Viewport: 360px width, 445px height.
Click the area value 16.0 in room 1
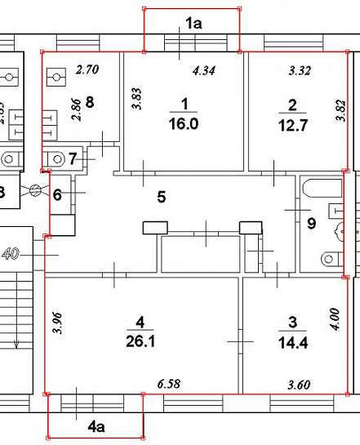click(184, 124)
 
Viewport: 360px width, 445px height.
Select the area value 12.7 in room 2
click(293, 125)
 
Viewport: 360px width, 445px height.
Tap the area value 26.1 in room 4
click(140, 341)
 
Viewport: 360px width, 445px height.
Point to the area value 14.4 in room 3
click(293, 343)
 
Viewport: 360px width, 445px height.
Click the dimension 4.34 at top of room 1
click(204, 71)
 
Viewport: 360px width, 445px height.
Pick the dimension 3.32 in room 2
click(300, 70)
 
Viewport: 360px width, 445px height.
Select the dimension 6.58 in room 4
click(169, 384)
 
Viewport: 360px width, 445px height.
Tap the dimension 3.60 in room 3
click(299, 385)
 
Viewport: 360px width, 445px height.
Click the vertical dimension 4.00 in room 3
click(335, 319)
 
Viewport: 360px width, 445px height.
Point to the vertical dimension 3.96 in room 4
click(57, 323)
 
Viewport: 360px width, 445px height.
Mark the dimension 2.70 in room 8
click(87, 69)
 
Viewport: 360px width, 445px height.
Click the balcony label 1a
click(193, 23)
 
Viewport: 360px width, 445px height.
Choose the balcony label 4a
click(96, 426)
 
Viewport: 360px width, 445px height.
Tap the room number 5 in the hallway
click(162, 197)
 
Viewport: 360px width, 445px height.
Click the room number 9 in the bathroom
click(312, 224)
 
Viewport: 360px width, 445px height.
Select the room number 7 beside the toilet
click(73, 158)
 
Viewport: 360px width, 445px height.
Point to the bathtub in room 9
click(322, 188)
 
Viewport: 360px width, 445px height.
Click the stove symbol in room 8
click(56, 77)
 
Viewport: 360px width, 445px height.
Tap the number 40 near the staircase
click(11, 253)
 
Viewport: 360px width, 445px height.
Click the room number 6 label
click(57, 195)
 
